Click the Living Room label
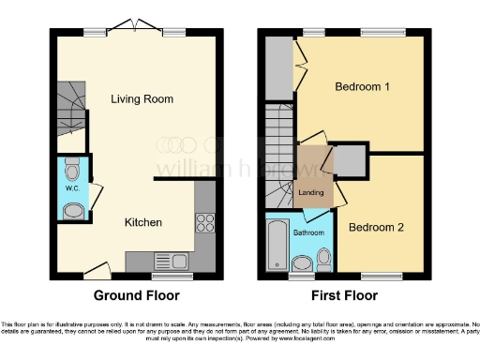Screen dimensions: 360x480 140,99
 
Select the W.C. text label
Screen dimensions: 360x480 71,188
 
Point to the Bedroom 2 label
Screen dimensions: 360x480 376,228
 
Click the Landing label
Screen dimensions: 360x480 310,193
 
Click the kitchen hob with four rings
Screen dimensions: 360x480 203,223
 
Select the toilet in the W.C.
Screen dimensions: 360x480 73,172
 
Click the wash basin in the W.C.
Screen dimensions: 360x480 70,211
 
